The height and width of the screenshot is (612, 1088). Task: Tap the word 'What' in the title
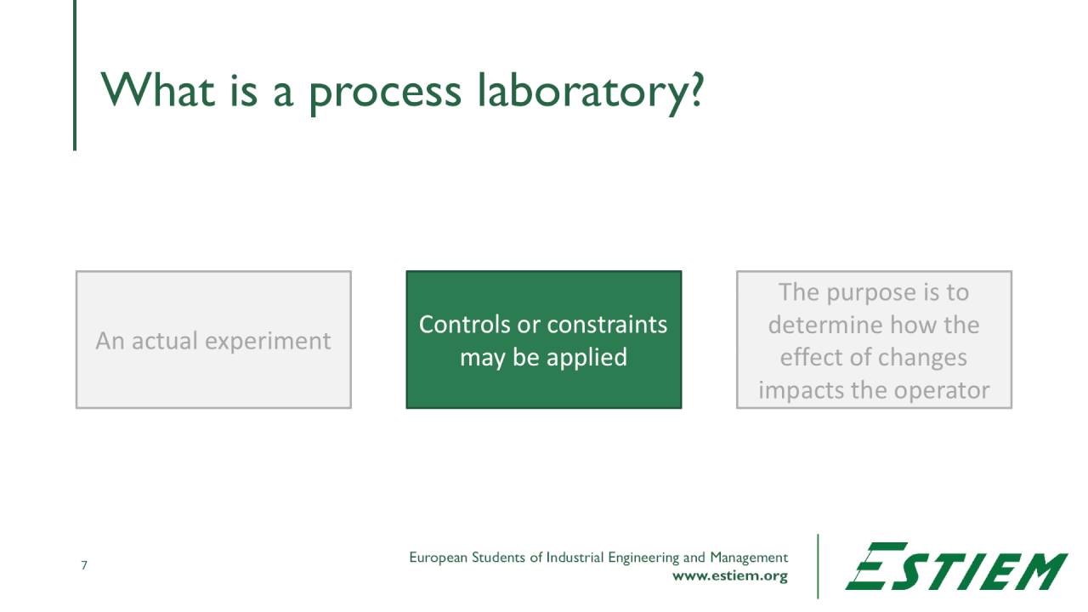point(159,89)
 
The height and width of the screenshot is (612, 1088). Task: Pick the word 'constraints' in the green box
point(607,325)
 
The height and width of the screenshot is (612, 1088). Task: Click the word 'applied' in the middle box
point(586,358)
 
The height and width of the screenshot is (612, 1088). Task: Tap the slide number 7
point(84,565)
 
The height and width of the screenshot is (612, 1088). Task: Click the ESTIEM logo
point(955,566)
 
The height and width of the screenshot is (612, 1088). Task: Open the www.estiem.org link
point(729,576)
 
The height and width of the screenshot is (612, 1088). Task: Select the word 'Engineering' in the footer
point(643,558)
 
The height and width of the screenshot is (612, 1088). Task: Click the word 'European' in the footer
point(439,558)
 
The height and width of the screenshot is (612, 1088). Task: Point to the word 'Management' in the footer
point(749,558)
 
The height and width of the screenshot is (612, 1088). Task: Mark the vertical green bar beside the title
point(75,76)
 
